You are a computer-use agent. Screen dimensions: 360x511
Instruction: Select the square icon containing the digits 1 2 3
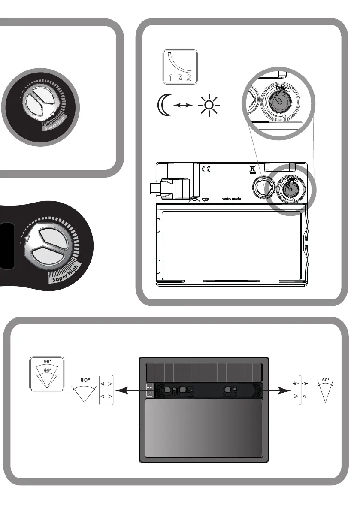[x=180, y=67]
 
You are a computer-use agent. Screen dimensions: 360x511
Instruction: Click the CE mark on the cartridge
[x=206, y=169]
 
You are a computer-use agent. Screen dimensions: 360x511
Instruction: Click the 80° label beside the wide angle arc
[x=85, y=380]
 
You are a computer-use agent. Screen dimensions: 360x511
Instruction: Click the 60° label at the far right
[x=325, y=380]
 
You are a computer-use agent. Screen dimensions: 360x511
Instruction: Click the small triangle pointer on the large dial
[x=27, y=237]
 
